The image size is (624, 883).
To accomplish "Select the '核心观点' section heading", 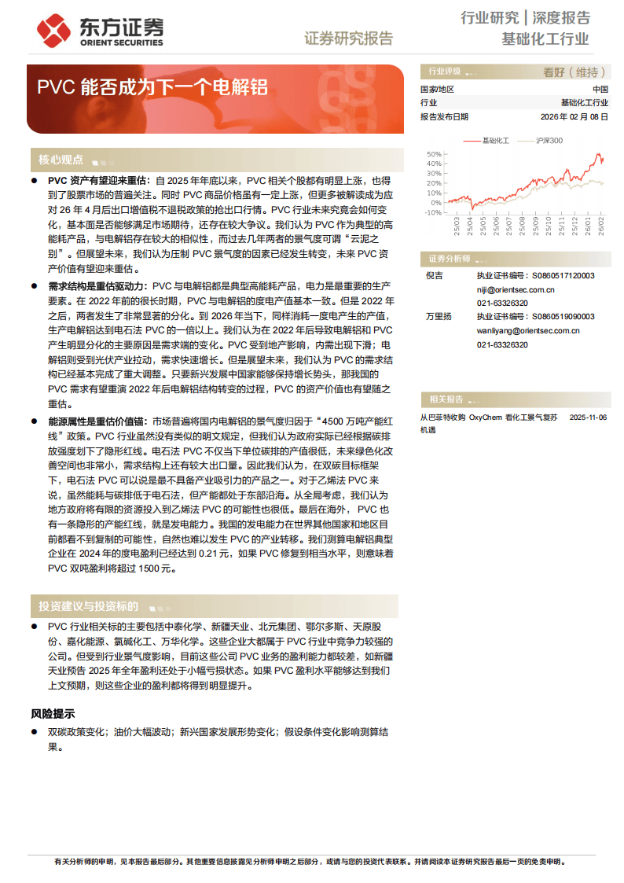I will [61, 160].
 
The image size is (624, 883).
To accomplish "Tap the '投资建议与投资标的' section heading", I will [88, 606].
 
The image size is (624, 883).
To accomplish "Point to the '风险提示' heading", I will [53, 714].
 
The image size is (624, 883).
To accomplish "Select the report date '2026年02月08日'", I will [574, 116].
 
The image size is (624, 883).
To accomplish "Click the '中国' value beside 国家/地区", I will [600, 89].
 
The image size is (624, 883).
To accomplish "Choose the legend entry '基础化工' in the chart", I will [495, 141].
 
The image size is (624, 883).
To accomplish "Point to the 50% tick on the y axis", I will [434, 154].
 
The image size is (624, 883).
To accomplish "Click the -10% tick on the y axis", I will [433, 212].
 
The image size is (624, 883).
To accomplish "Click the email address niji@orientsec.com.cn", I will [516, 289].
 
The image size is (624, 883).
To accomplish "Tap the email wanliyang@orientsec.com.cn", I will [528, 330].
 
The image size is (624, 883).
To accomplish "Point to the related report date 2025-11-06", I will [588, 418].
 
